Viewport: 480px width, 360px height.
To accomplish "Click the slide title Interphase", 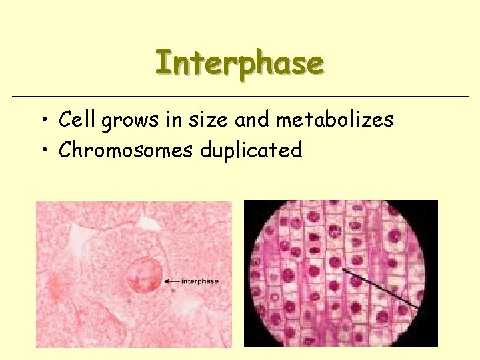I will (x=239, y=63).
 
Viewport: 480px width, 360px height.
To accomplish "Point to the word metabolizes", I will (x=334, y=120).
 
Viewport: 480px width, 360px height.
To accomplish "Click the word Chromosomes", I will (x=126, y=150).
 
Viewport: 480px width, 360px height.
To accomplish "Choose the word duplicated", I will (x=251, y=151).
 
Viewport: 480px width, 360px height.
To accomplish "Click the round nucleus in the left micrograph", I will (x=144, y=275).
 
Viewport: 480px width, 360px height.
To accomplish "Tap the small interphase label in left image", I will (x=199, y=281).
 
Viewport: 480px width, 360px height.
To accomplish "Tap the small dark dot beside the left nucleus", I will (x=173, y=291).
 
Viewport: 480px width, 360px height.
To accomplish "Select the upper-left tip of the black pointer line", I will (x=344, y=270).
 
